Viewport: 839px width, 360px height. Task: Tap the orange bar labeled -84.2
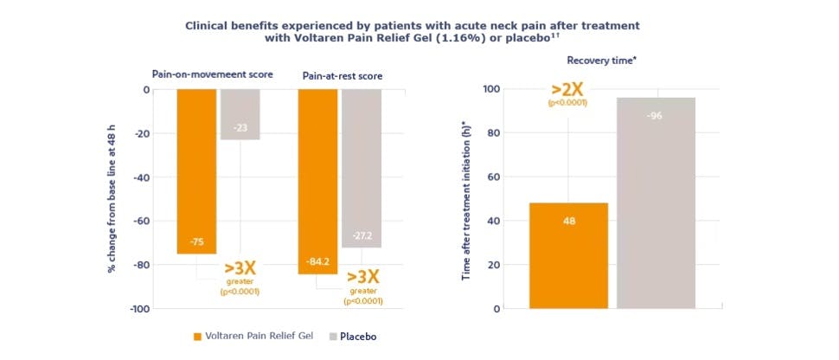pos(317,182)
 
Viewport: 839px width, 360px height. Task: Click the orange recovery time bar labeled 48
pos(568,255)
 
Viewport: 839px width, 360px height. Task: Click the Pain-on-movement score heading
pos(212,74)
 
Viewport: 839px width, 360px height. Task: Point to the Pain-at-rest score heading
pos(342,76)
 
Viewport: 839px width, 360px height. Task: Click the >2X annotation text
pos(567,89)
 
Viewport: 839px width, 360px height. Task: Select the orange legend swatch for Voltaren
pos(197,336)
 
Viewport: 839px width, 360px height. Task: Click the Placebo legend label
pos(358,336)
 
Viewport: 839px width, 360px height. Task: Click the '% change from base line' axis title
pos(112,199)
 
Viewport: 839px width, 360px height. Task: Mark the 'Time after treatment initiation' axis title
pos(466,199)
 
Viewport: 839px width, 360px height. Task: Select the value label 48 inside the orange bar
pos(568,221)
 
